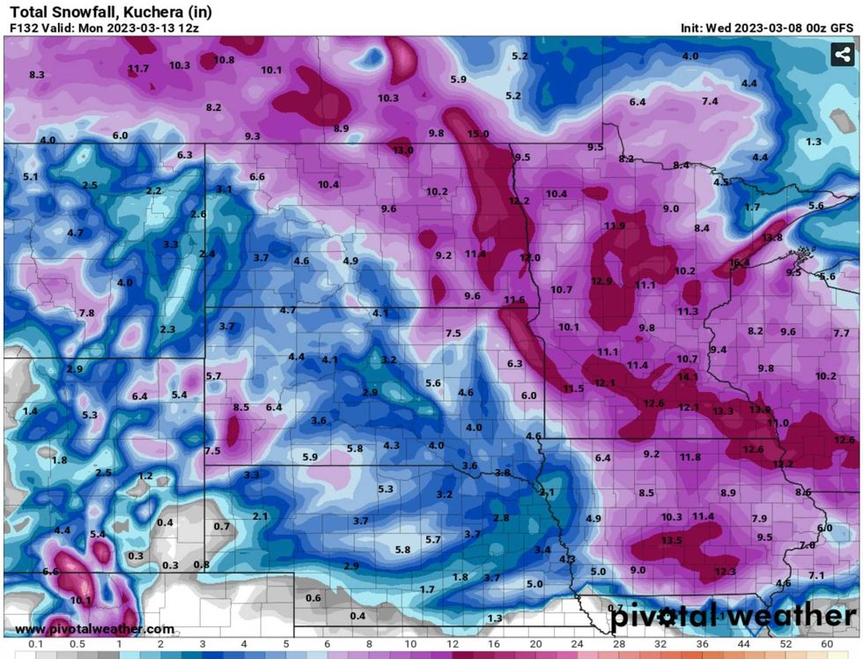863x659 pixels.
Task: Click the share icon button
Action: click(x=842, y=55)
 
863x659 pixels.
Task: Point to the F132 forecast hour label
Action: click(x=24, y=27)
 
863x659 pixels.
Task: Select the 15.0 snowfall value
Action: click(x=477, y=134)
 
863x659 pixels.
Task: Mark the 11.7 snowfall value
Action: click(x=138, y=69)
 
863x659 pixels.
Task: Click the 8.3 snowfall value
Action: click(x=37, y=75)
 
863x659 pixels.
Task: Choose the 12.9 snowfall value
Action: click(x=601, y=281)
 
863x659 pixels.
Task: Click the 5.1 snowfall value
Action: click(x=31, y=177)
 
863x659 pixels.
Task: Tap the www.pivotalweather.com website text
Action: click(x=94, y=629)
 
